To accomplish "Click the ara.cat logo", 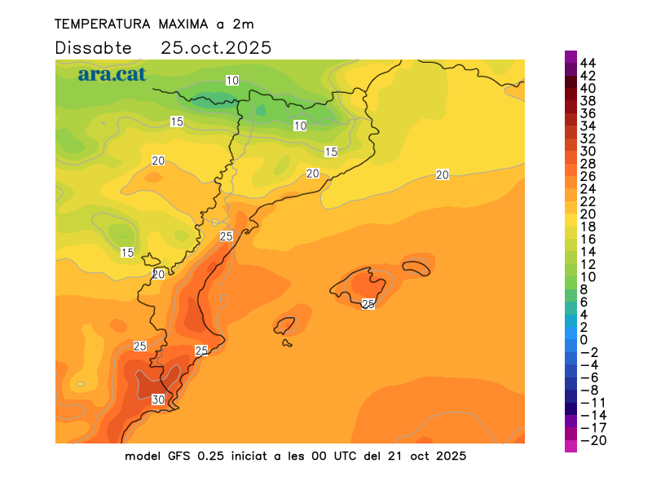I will [112, 74].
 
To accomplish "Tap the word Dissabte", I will [93, 47].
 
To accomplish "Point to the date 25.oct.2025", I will [216, 47].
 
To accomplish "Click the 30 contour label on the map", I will [158, 399].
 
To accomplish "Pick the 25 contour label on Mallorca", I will [368, 304].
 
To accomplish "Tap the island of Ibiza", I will [284, 326].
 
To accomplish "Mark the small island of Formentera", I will [287, 342].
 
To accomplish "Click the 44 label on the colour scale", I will [588, 63].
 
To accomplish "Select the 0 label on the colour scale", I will [584, 340].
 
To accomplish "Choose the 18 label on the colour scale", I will [588, 227].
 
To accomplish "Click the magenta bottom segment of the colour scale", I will [570, 446].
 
